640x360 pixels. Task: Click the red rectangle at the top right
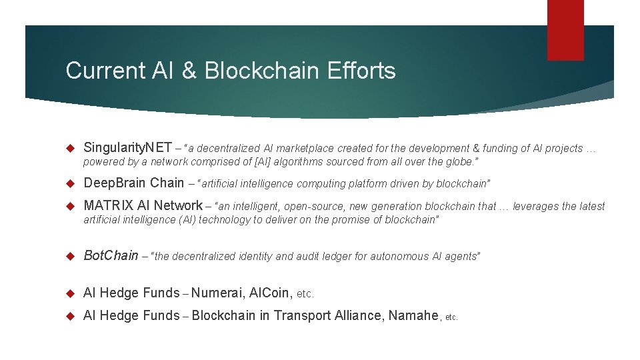point(565,29)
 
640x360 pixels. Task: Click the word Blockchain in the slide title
point(254,71)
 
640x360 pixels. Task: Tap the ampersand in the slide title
point(190,71)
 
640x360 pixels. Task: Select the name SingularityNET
point(127,148)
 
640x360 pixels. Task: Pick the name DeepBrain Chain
point(133,183)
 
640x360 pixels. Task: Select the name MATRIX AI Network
point(143,206)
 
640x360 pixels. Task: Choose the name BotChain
point(111,255)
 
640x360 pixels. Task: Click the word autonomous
point(399,256)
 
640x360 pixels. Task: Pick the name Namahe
point(413,315)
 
